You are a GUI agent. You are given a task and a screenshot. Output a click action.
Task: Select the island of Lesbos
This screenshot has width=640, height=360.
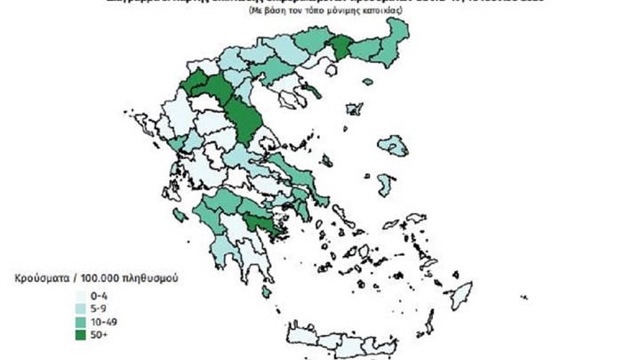(392, 145)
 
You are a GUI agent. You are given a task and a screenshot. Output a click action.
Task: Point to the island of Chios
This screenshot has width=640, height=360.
(386, 186)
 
